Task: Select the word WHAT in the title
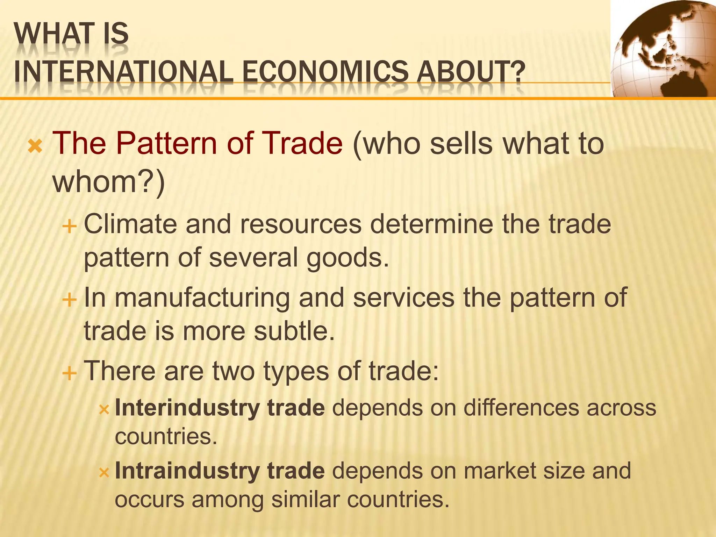coord(47,34)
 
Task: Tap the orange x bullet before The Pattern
coord(35,147)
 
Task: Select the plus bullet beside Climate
coord(69,227)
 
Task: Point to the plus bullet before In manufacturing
coord(69,300)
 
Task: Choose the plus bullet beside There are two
coord(69,373)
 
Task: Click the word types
coord(296,371)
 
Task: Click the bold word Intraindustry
coord(187,471)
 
